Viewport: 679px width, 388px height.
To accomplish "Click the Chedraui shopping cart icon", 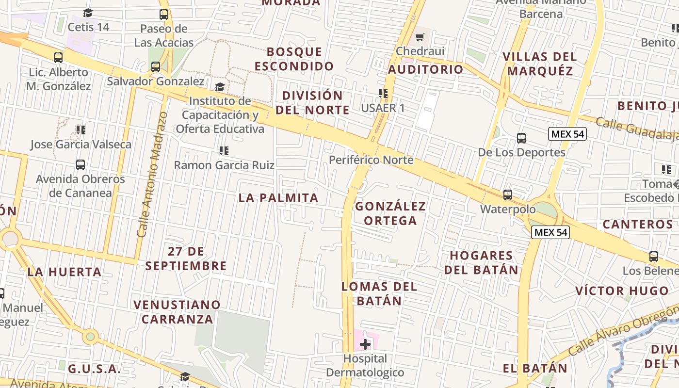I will [420, 37].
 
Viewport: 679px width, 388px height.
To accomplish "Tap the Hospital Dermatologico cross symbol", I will [365, 344].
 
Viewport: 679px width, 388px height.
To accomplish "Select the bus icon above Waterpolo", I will [508, 195].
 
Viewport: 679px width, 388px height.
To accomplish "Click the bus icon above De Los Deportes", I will [521, 138].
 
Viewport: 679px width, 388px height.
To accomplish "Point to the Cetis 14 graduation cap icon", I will [88, 13].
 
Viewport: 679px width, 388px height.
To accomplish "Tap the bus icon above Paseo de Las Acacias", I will [164, 15].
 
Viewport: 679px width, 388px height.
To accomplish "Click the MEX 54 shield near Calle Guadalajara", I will [567, 134].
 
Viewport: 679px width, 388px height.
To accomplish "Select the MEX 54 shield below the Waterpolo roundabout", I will [550, 232].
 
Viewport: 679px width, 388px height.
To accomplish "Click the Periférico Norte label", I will [371, 160].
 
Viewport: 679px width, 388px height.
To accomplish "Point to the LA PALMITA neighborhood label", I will [278, 198].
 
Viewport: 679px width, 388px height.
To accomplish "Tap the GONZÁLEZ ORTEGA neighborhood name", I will [390, 213].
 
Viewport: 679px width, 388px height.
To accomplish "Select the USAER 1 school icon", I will [383, 94].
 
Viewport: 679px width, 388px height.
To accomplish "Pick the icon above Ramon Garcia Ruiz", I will [224, 151].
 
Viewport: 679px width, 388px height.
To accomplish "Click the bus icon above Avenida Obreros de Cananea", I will [81, 165].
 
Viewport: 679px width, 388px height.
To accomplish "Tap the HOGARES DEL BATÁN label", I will [481, 262].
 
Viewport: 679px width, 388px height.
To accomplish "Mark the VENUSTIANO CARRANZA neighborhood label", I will [177, 312].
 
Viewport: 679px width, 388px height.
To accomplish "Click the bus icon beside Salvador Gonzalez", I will [156, 67].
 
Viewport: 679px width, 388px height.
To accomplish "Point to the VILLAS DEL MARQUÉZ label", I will [540, 64].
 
